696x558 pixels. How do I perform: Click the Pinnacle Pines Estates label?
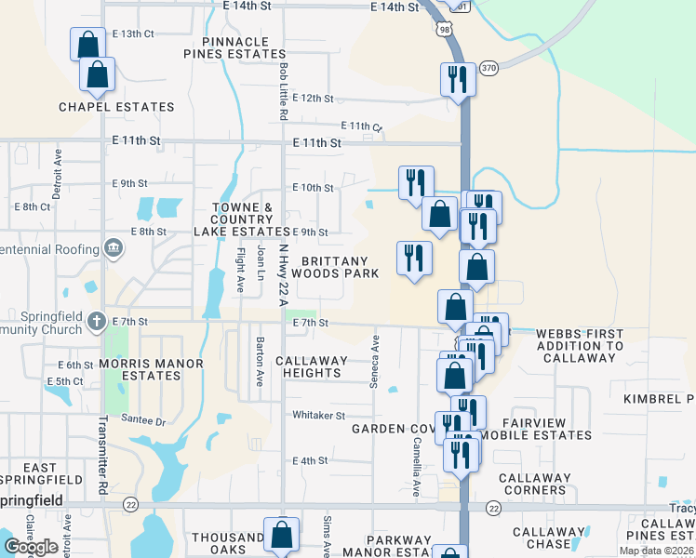(246, 48)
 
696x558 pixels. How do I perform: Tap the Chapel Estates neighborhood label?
(116, 107)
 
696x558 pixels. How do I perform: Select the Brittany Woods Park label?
(335, 268)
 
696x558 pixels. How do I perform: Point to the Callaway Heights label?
(312, 366)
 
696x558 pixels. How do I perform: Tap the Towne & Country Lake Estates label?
(242, 219)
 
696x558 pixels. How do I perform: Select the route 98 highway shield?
(446, 30)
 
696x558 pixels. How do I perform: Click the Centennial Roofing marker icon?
(113, 248)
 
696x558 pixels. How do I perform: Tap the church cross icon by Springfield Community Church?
(97, 321)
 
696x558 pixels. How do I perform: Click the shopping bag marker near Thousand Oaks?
(281, 535)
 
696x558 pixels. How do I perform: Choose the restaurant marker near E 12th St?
(457, 78)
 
